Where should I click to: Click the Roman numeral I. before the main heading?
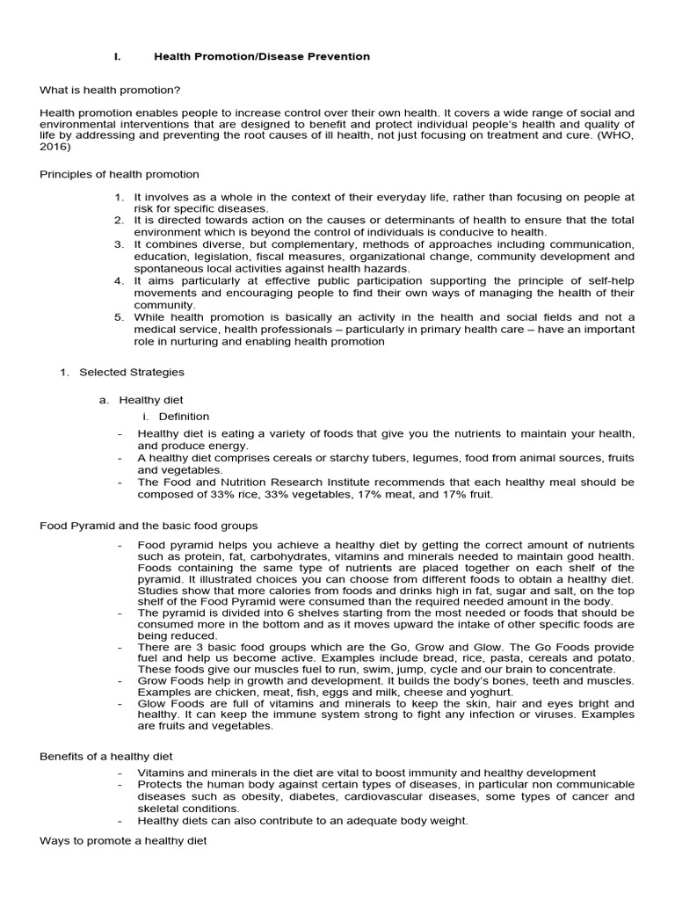(x=117, y=56)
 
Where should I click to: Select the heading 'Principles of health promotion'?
(x=120, y=174)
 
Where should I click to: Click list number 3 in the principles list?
(x=120, y=244)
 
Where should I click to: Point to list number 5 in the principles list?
(x=120, y=317)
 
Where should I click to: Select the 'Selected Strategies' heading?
(x=132, y=373)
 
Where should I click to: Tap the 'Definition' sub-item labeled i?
(x=184, y=417)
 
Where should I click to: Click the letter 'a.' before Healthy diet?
(x=104, y=400)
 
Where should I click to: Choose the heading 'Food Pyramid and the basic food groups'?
(x=149, y=526)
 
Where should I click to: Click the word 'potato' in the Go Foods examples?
(x=615, y=658)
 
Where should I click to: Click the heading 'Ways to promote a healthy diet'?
(x=123, y=841)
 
